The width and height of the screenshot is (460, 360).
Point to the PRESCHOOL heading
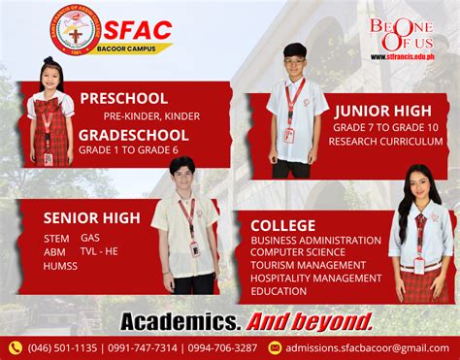point(123,98)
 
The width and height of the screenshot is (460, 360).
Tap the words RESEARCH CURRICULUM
point(385,142)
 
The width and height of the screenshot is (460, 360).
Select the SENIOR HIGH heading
point(93,216)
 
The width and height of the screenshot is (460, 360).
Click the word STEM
point(56,238)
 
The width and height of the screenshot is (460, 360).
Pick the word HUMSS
point(61,265)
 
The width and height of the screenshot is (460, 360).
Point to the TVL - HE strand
point(99,251)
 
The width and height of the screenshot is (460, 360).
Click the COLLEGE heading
point(283,225)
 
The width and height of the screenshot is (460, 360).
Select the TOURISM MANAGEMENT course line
point(309,265)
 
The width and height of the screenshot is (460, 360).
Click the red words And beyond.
point(310,321)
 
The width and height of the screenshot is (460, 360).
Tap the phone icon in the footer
point(15,347)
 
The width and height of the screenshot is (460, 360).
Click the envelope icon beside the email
point(275,347)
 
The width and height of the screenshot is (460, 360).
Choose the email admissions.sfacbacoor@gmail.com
point(367,347)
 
